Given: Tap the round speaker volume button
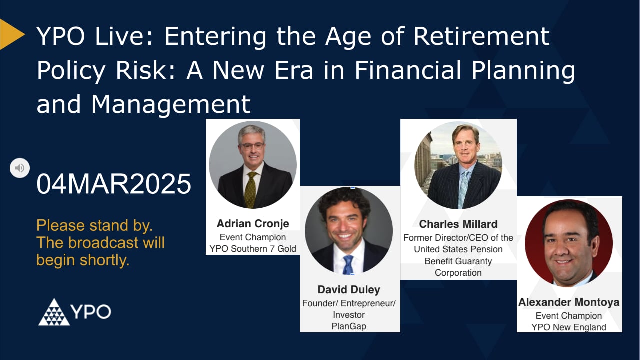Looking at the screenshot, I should (x=20, y=168).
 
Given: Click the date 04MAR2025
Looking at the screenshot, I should (x=114, y=184).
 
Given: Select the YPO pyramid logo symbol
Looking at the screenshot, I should (x=54, y=312).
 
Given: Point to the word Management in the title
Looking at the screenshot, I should (x=171, y=104).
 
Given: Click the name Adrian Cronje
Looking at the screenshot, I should (x=252, y=223).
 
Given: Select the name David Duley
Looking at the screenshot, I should (x=349, y=290).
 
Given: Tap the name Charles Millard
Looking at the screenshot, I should (x=458, y=224).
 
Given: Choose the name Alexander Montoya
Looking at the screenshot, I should (x=569, y=302).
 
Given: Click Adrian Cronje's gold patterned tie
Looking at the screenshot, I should (x=250, y=190).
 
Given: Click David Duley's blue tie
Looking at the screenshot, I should (x=348, y=265).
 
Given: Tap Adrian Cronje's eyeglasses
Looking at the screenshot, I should (x=252, y=146).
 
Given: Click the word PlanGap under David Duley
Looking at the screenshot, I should (x=349, y=326).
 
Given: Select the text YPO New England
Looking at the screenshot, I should (x=569, y=327).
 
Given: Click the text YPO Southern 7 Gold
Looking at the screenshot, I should (x=252, y=248).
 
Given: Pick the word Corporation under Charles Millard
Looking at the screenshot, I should (x=458, y=273).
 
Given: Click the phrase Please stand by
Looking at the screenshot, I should (x=94, y=225).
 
